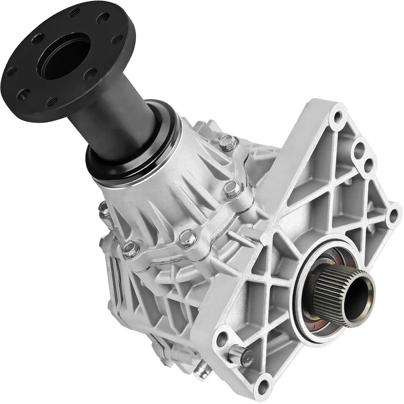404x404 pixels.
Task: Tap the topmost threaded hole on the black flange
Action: [x=74, y=13]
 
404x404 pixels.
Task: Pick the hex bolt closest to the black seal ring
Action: [x=227, y=143]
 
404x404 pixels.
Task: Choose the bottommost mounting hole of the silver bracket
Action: [x=263, y=385]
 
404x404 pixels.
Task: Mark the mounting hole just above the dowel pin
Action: [x=222, y=339]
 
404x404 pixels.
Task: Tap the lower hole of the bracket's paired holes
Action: [x=368, y=165]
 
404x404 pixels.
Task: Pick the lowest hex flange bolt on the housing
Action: [x=131, y=250]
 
